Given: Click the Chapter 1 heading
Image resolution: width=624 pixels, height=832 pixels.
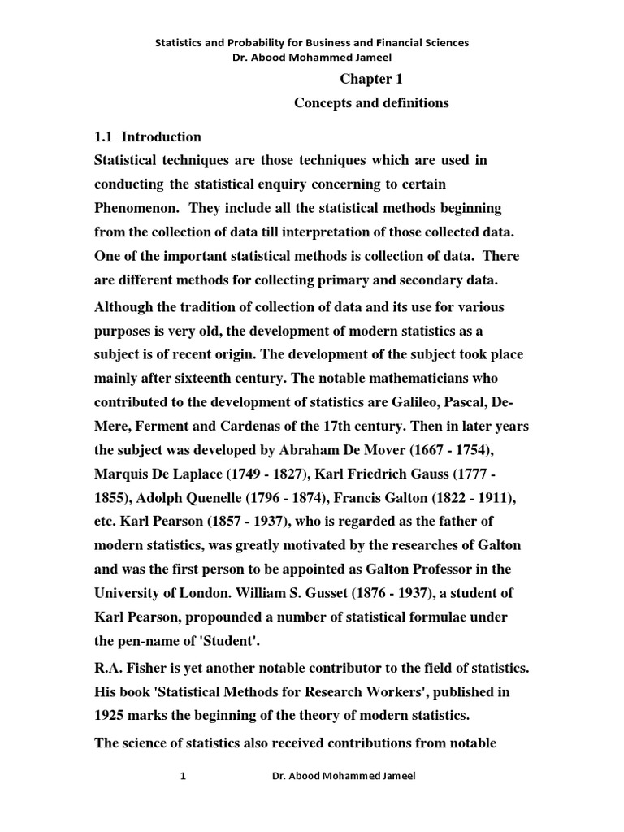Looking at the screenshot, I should [x=370, y=80].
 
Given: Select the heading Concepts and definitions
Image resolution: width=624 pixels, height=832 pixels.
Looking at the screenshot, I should [x=370, y=103].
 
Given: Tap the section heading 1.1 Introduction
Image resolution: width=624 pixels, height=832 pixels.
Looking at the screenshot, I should [x=148, y=136].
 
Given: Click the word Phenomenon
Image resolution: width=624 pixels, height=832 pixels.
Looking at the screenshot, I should [x=135, y=208].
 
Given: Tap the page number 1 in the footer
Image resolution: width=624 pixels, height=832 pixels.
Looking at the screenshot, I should [x=184, y=777].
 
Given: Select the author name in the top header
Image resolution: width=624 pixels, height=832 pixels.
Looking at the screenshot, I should [x=312, y=57].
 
